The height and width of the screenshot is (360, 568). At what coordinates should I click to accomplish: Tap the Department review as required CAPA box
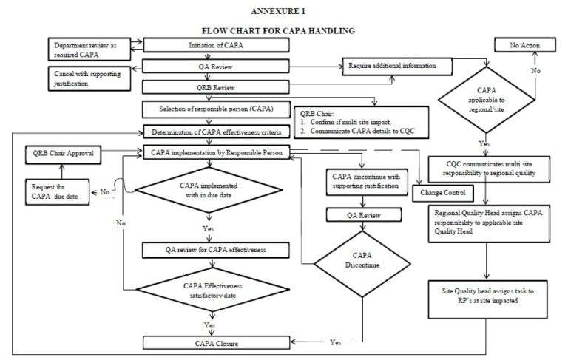click(87, 49)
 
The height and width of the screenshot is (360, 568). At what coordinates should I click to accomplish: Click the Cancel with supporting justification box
click(88, 77)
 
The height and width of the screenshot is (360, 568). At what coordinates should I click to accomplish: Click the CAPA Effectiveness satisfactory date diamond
click(212, 291)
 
